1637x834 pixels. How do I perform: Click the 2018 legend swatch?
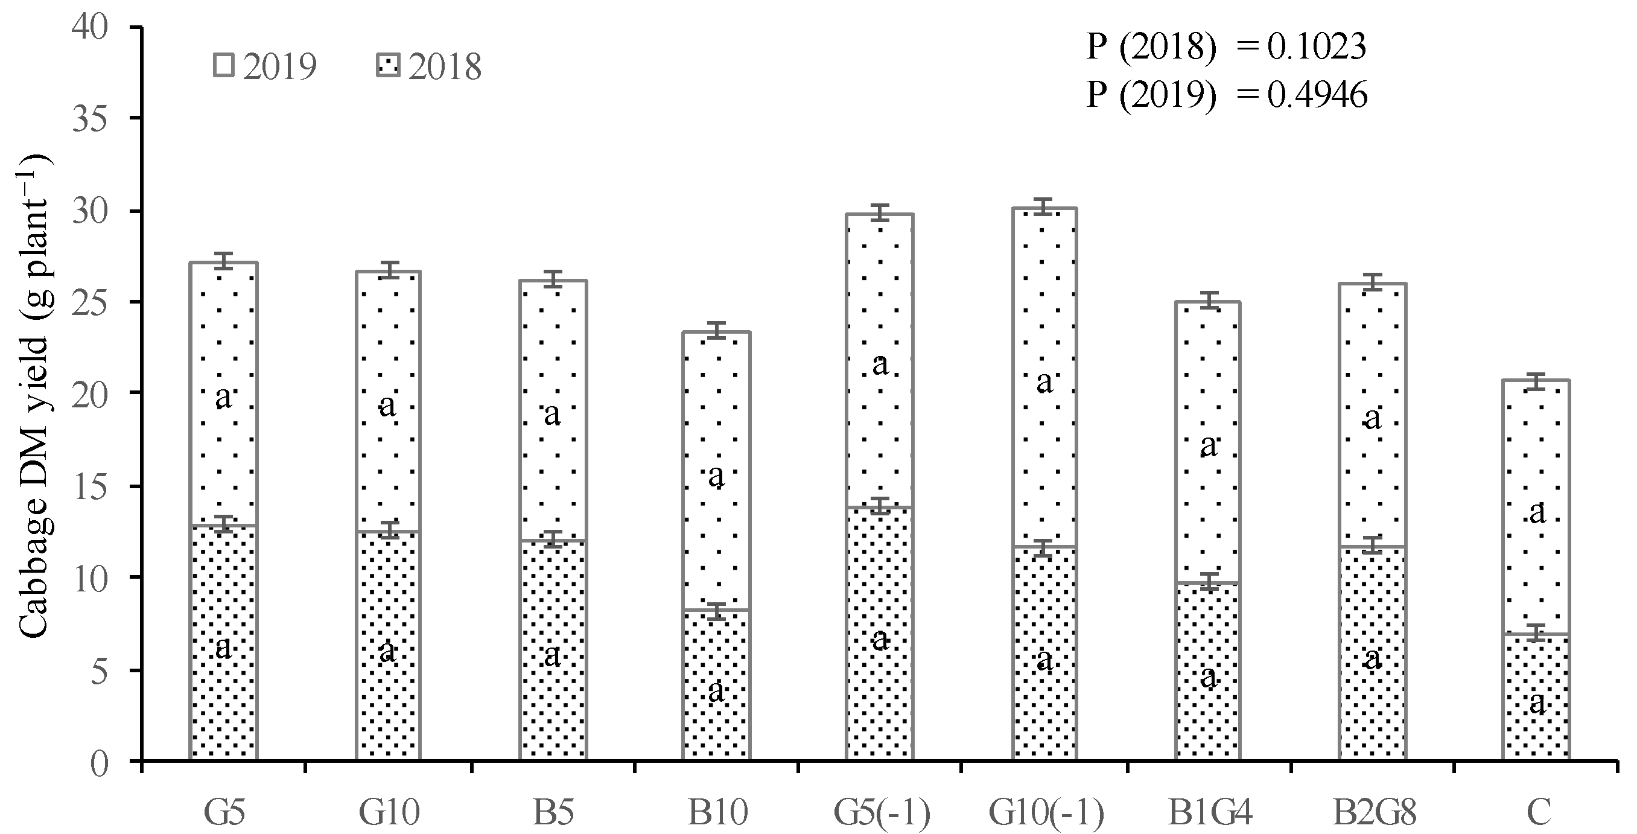pos(389,65)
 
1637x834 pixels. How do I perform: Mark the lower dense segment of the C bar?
pos(1537,674)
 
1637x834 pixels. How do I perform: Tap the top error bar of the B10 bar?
pos(716,331)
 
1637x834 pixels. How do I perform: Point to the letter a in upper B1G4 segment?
pos(1208,445)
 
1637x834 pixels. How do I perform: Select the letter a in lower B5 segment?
pos(552,655)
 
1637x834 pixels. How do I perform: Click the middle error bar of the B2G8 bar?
pos(1373,545)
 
